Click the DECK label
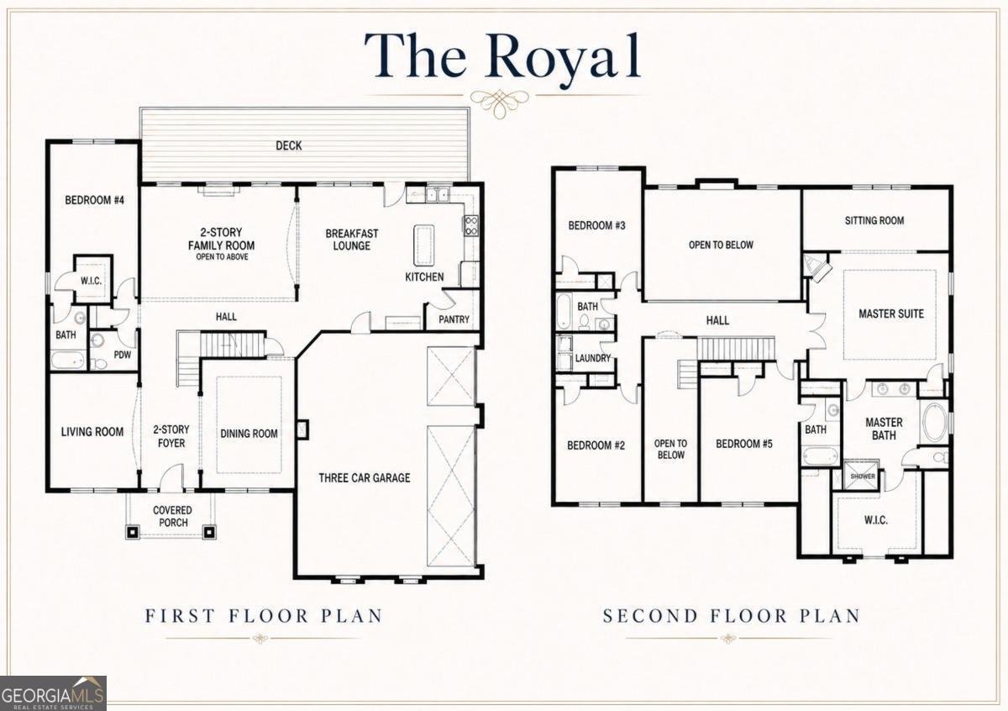[288, 145]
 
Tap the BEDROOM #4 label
[94, 200]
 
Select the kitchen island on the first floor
[424, 246]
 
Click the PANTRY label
[454, 319]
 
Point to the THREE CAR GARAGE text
[365, 477]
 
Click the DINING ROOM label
[249, 434]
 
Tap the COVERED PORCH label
[172, 517]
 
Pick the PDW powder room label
[123, 355]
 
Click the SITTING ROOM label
[874, 221]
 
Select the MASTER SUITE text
[891, 313]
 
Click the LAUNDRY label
[593, 358]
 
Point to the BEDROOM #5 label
[744, 444]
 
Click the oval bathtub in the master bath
[934, 423]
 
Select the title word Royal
[563, 60]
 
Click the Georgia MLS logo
[53, 693]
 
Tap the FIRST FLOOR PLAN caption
[264, 615]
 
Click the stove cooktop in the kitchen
[470, 225]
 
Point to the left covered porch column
[133, 532]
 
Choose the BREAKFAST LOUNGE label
[352, 240]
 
